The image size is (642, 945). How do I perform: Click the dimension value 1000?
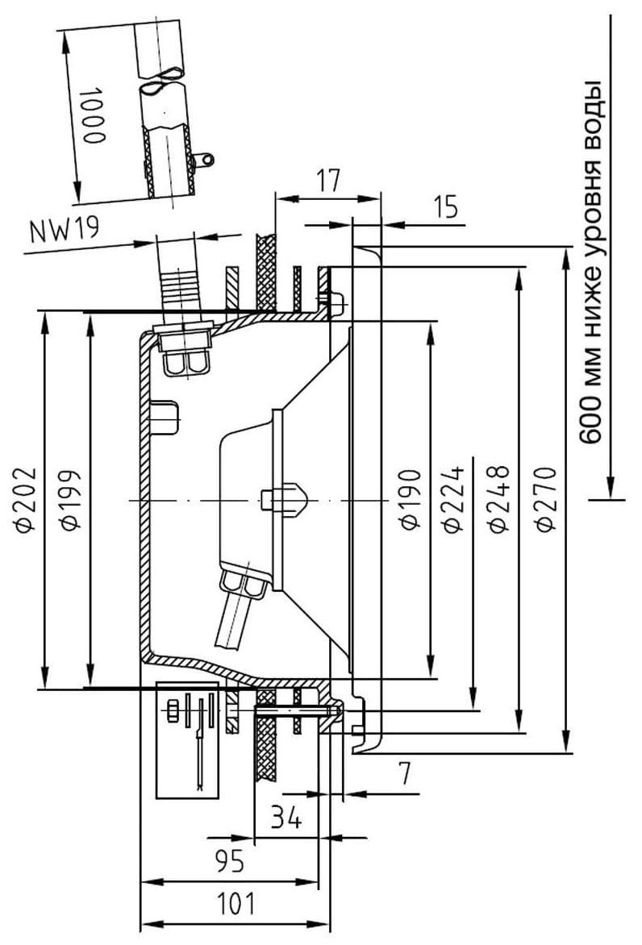[x=94, y=114]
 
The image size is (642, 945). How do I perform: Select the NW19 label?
[x=64, y=230]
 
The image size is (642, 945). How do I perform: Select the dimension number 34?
[x=286, y=818]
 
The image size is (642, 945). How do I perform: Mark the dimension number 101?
[x=235, y=904]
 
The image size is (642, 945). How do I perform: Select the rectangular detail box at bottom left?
[x=187, y=739]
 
